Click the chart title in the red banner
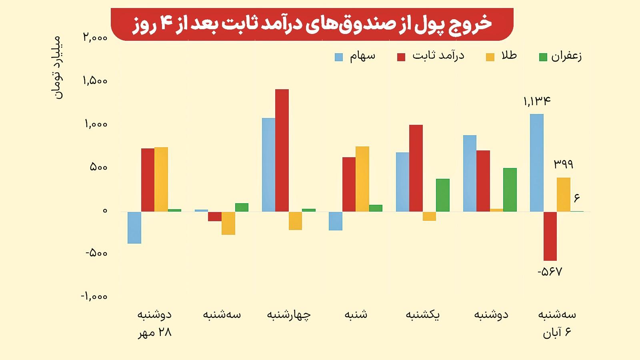(x=312, y=24)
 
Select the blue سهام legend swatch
(x=339, y=57)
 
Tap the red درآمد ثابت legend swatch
(x=401, y=57)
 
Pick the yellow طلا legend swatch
(x=490, y=57)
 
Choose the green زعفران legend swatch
(x=543, y=57)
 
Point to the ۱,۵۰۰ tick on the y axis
(x=95, y=81)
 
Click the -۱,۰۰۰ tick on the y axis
(x=94, y=296)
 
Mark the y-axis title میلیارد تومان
(x=58, y=67)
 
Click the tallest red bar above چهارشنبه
(x=282, y=150)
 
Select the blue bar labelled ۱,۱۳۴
(x=536, y=162)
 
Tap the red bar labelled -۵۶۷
(x=550, y=236)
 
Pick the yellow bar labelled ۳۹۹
(x=564, y=194)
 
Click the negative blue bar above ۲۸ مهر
(x=134, y=227)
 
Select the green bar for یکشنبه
(x=443, y=195)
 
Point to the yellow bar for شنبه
(x=362, y=179)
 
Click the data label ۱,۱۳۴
(x=537, y=101)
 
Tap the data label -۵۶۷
(x=550, y=272)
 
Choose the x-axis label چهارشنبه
(x=289, y=315)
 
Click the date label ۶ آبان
(x=557, y=333)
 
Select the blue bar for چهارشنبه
(x=268, y=164)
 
